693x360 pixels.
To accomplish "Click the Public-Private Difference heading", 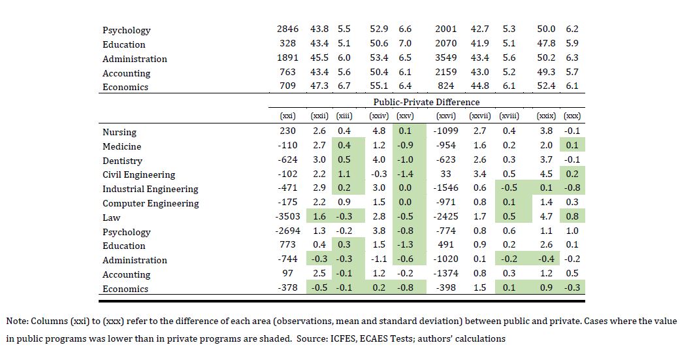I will click(x=426, y=102).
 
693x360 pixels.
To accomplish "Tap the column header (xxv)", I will click(x=405, y=116).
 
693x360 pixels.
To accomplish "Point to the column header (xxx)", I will click(x=572, y=116).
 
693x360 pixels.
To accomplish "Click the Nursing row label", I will click(x=120, y=132).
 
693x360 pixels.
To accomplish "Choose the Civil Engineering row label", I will click(x=138, y=174).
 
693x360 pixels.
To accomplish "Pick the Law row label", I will click(x=111, y=218).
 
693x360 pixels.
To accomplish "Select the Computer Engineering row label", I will click(x=150, y=203).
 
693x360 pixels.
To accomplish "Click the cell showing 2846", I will click(x=287, y=29).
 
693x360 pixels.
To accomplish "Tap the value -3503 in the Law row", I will click(x=285, y=217).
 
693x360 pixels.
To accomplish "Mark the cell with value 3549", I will click(x=446, y=58).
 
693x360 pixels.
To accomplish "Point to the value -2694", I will click(x=285, y=231).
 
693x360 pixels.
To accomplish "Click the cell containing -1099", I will click(x=444, y=131).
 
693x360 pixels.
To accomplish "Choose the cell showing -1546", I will click(x=444, y=189).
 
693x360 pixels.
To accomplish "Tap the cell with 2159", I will click(x=446, y=73).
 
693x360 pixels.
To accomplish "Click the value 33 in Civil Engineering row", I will click(x=446, y=174).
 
